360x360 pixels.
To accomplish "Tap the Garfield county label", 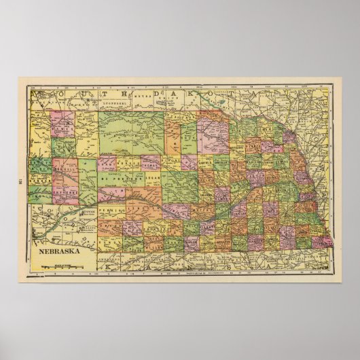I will pos(205,162).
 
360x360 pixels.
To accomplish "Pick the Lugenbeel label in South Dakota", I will pos(113,103).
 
